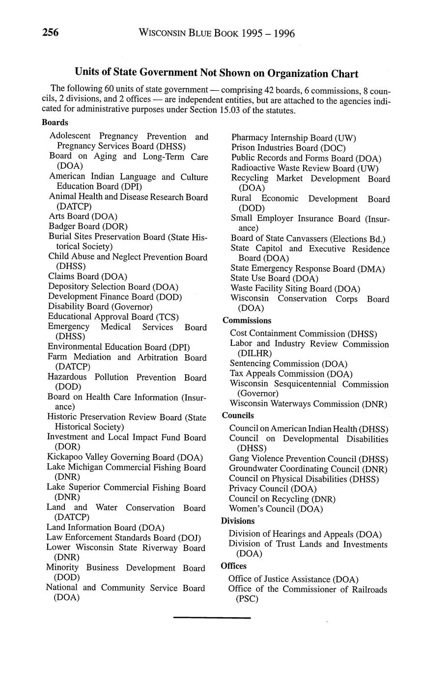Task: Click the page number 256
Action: click(x=51, y=33)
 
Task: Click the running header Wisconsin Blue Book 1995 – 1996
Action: click(x=217, y=33)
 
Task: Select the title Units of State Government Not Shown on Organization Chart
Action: click(x=216, y=74)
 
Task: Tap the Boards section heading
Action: click(x=55, y=123)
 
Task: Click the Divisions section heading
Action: click(x=238, y=521)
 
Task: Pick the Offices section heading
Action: click(x=234, y=566)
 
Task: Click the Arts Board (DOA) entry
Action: click(x=83, y=216)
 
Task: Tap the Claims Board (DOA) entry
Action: click(x=87, y=277)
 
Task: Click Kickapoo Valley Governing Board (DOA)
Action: click(x=125, y=458)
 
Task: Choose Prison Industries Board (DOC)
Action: click(x=288, y=148)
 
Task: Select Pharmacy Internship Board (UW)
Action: click(x=293, y=138)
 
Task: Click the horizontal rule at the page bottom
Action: click(x=212, y=618)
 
